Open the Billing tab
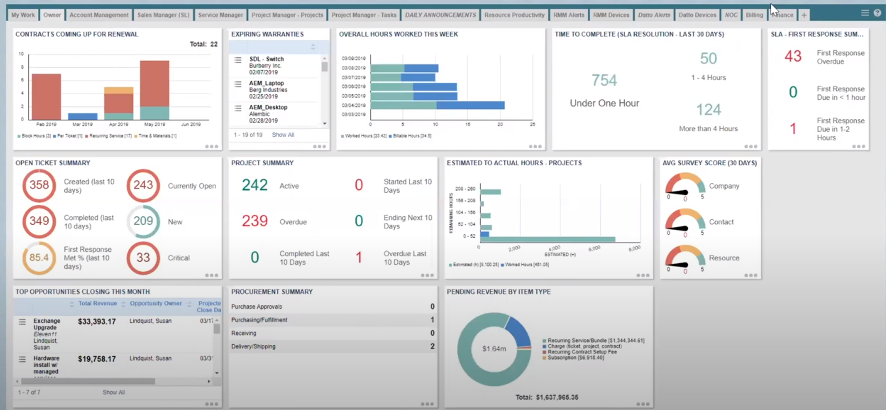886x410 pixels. coord(754,15)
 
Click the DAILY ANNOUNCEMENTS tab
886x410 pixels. coord(440,15)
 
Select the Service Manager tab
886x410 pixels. coord(220,15)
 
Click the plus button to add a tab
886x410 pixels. coord(804,15)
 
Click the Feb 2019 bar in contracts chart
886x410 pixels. coord(46,97)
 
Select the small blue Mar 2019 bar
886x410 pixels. coord(82,116)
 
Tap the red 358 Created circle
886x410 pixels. coord(39,185)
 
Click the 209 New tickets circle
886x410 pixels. coord(143,221)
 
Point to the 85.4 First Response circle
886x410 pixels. coord(39,258)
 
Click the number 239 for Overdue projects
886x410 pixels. coord(254,221)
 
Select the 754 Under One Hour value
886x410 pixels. coord(604,80)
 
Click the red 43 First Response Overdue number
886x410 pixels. coord(793,57)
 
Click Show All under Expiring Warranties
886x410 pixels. coord(283,135)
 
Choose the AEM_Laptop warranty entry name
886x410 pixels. coord(266,83)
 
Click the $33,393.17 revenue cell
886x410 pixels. coord(97,322)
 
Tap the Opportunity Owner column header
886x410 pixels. coord(156,303)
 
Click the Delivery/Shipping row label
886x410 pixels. coord(254,347)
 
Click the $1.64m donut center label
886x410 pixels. coord(494,349)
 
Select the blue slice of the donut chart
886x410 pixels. coord(519,331)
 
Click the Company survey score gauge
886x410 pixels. coord(685,186)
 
